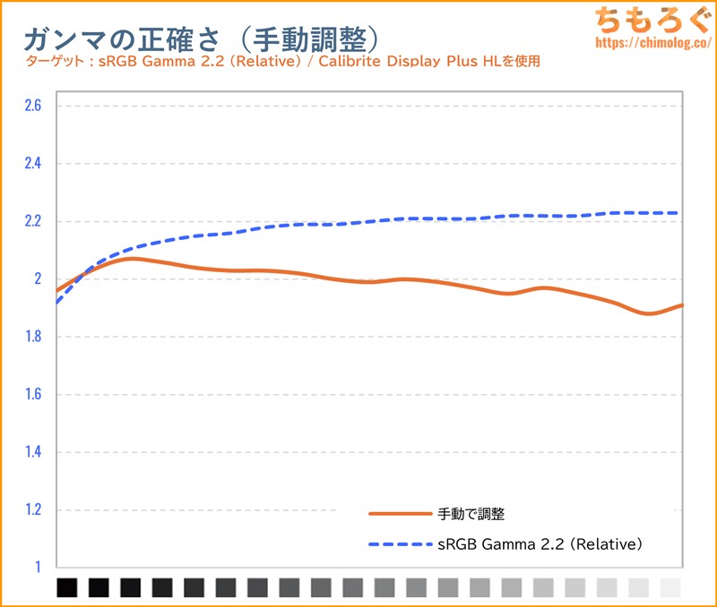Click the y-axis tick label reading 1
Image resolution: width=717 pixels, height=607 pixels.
(39, 567)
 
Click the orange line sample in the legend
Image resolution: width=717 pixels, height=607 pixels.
(400, 514)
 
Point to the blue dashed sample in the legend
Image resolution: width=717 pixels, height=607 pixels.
(400, 543)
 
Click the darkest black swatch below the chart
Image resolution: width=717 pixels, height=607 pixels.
(67, 587)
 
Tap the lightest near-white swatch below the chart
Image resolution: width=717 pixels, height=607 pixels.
(670, 587)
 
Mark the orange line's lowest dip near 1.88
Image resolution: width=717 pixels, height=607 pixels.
(650, 313)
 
